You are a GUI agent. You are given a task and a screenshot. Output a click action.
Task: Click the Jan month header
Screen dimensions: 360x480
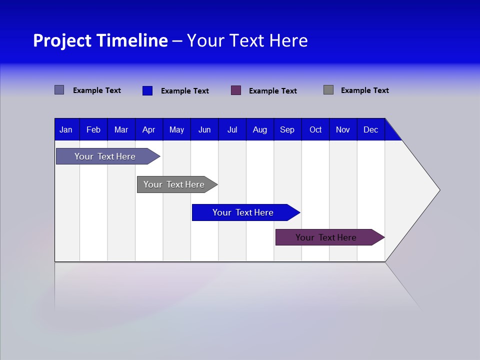coord(66,130)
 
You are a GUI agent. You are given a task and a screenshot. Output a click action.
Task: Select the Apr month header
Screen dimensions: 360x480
coord(148,130)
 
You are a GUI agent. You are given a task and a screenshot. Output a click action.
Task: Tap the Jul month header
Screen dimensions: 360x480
coord(232,130)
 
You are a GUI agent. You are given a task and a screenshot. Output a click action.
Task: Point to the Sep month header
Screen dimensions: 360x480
coord(287,130)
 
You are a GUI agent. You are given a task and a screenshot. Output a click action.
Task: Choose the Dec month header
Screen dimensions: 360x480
coord(370,130)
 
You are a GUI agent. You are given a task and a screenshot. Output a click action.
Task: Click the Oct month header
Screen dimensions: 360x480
coord(315,130)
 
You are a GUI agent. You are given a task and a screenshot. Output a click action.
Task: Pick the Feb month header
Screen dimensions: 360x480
coord(93,130)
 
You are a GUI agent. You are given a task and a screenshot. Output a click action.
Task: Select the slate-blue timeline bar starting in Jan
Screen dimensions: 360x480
coord(105,156)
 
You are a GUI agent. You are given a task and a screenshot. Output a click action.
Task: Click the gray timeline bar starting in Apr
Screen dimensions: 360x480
coord(174,184)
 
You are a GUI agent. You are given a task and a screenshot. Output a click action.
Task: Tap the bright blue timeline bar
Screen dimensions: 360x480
coord(243,212)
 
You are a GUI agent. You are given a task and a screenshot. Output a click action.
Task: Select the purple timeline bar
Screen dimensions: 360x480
coord(326,237)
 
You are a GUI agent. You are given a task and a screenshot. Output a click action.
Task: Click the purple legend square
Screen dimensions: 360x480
coord(236,90)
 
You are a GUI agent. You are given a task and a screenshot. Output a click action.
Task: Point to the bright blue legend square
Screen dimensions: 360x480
coord(147,90)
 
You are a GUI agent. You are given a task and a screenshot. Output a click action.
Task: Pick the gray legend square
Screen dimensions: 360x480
coord(328,90)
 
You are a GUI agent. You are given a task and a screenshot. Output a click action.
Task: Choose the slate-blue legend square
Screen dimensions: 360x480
coord(59,90)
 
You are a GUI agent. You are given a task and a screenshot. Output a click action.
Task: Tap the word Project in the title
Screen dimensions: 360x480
coord(61,40)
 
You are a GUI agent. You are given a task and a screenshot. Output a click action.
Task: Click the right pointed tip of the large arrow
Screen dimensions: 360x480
coord(438,190)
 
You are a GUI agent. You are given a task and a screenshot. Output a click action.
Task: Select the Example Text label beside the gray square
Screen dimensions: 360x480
coord(364,90)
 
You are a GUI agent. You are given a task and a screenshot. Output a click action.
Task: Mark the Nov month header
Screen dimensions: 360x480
coord(343,130)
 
